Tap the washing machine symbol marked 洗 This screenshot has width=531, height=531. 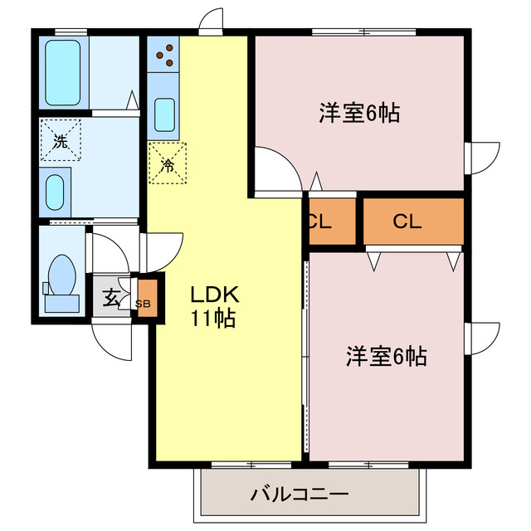coord(61,140)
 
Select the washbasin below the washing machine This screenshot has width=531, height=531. coord(56,192)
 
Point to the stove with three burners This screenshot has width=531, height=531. coord(164,54)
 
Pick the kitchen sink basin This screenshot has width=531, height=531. coord(164,114)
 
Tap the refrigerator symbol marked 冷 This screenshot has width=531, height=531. coord(167,163)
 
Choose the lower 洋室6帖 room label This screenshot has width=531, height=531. coord(386,357)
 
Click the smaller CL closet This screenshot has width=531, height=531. coord(319,222)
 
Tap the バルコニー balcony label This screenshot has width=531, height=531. coord(300,495)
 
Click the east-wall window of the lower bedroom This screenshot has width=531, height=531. coord(481,336)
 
